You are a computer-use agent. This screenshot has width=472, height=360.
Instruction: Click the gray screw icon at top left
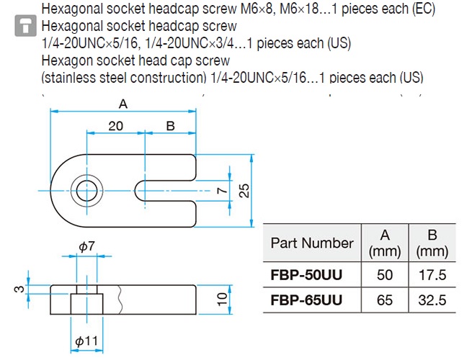(x=26, y=26)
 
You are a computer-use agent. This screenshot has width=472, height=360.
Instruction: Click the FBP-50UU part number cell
(x=306, y=275)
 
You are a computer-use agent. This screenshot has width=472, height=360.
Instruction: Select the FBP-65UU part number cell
(x=306, y=300)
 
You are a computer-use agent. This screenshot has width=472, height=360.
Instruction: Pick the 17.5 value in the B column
(x=432, y=275)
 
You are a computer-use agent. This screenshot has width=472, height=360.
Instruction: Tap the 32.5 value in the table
(x=432, y=300)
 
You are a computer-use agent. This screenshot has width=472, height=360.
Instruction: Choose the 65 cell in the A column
(x=385, y=300)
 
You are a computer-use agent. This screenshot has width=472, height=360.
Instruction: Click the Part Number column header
(x=312, y=243)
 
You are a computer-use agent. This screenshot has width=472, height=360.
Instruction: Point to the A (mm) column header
(x=385, y=243)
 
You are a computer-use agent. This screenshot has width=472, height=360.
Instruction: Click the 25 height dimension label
(x=244, y=190)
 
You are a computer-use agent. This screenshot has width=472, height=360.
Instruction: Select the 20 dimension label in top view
(x=115, y=126)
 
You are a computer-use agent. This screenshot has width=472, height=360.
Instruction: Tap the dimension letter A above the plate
(x=123, y=104)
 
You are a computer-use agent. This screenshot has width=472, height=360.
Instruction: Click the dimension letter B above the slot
(x=170, y=126)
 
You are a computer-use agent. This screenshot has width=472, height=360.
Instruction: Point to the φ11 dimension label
(x=86, y=341)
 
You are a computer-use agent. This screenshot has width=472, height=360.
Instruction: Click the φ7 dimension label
(x=86, y=247)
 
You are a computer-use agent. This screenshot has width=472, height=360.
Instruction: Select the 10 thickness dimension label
(x=222, y=300)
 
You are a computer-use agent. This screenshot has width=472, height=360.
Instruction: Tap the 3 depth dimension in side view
(x=19, y=289)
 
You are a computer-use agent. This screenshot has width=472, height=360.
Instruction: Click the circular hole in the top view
(x=87, y=191)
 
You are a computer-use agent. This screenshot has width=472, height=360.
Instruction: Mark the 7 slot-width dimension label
(x=222, y=190)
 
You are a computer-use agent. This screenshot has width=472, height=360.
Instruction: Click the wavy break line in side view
(x=121, y=300)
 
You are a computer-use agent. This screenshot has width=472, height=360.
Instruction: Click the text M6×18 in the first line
(x=298, y=9)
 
